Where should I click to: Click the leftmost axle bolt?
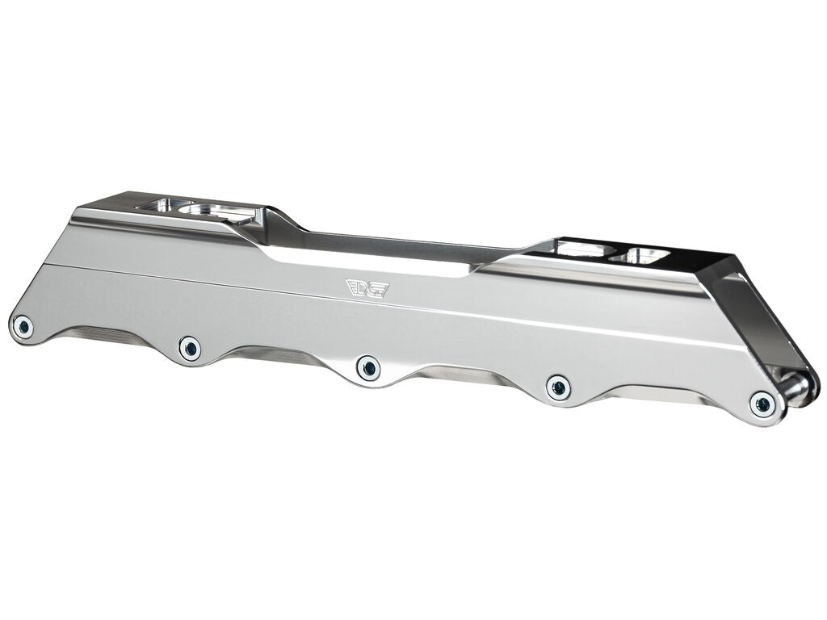[x=24, y=326]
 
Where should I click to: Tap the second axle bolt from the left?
[x=190, y=348]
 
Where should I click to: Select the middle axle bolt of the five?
[x=369, y=368]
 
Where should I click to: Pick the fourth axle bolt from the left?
[x=558, y=387]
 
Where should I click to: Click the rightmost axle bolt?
[x=761, y=404]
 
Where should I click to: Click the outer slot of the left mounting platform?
[x=162, y=205]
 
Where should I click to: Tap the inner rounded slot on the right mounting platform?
[x=577, y=249]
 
